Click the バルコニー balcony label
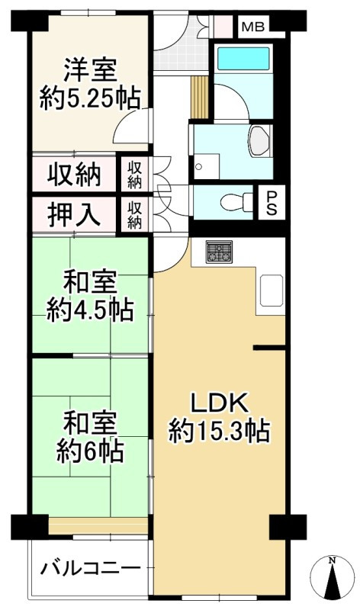click(90, 569)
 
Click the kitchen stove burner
click(220, 252)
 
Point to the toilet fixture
click(229, 202)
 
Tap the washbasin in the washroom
click(260, 140)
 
